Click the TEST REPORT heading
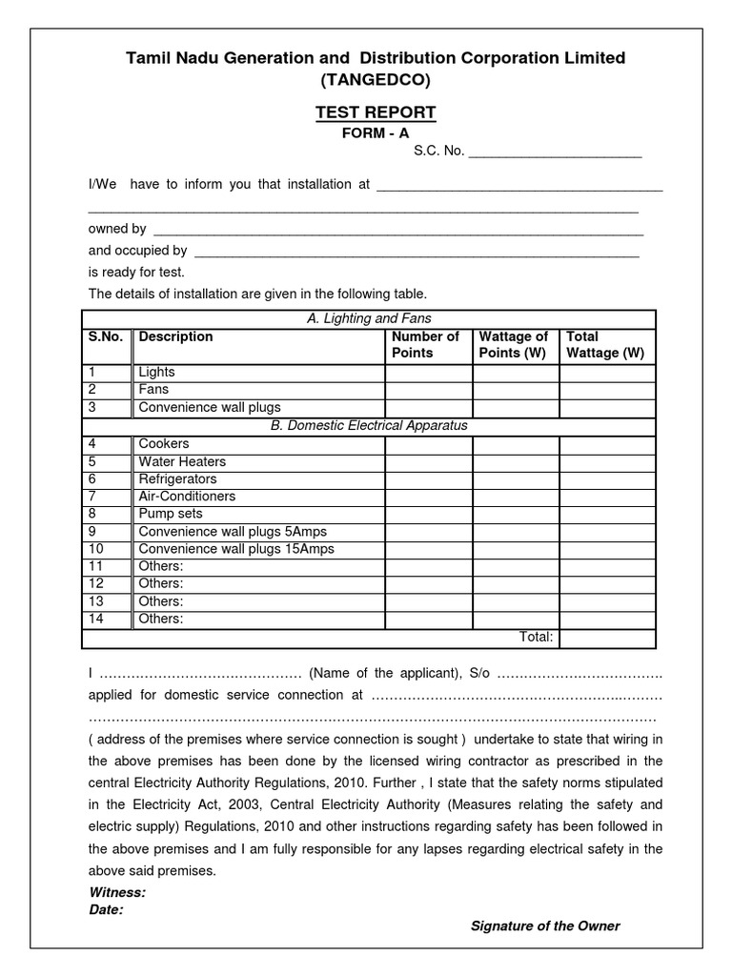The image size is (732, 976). pyautogui.click(x=376, y=112)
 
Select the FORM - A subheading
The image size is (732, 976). pyautogui.click(x=376, y=133)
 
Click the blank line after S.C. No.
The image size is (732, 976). pyautogui.click(x=555, y=153)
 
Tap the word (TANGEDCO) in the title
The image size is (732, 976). pyautogui.click(x=376, y=81)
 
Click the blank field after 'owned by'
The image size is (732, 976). pyautogui.click(x=398, y=230)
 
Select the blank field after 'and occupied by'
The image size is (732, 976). pyautogui.click(x=416, y=252)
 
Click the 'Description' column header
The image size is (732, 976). pyautogui.click(x=176, y=336)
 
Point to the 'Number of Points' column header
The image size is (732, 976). pyautogui.click(x=425, y=344)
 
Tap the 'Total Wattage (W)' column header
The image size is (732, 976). pyautogui.click(x=605, y=344)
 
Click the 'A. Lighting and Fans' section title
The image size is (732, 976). pyautogui.click(x=370, y=318)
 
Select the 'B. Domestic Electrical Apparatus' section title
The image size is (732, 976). pyautogui.click(x=369, y=425)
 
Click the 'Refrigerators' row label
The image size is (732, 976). pyautogui.click(x=178, y=478)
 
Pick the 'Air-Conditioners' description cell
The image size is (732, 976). pyautogui.click(x=187, y=496)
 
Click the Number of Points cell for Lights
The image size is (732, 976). pyautogui.click(x=428, y=372)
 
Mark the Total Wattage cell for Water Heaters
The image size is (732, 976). pyautogui.click(x=607, y=461)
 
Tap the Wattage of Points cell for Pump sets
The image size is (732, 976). pyautogui.click(x=516, y=514)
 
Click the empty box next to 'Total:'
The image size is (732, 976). pyautogui.click(x=607, y=638)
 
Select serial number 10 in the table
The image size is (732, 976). pyautogui.click(x=95, y=549)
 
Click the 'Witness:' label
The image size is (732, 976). pyautogui.click(x=117, y=892)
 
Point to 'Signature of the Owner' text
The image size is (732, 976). pyautogui.click(x=545, y=926)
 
